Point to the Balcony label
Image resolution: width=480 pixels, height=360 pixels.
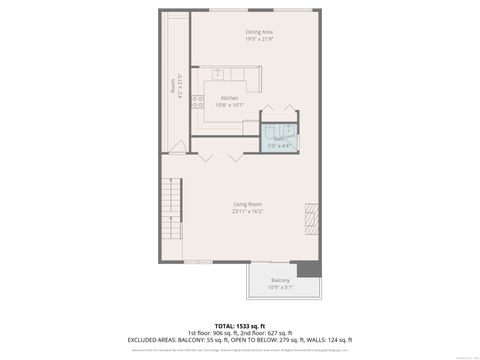click(281, 279)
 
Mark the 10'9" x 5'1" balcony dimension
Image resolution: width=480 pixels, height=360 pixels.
click(281, 287)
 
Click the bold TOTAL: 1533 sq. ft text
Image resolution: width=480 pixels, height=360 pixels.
click(240, 325)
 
